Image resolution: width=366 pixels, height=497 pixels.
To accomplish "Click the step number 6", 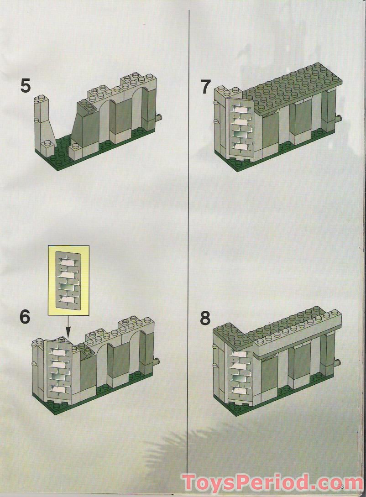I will point(25,317).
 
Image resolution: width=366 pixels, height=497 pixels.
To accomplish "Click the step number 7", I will point(206,86).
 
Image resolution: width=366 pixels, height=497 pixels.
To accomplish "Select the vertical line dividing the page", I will point(188,228).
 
